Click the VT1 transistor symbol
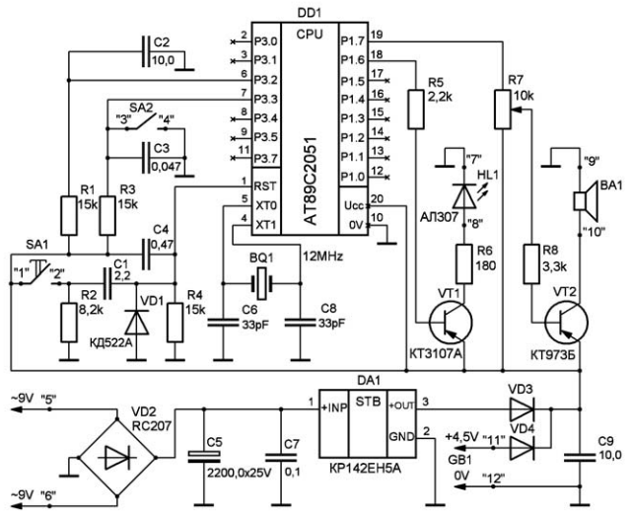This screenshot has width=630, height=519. pos(451,323)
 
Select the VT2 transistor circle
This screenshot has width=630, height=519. pos(567,323)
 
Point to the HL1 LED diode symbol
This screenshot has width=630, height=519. pos(464,196)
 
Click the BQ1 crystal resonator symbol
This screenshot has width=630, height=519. pos(261,283)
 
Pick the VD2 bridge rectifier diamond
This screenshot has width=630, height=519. pos(116,458)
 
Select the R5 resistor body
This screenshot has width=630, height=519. pos(416,110)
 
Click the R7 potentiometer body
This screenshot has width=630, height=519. pos(503,110)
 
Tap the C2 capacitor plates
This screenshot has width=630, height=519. pos(146,51)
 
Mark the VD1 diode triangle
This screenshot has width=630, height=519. pos(137,323)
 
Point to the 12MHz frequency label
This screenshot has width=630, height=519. pos(322,257)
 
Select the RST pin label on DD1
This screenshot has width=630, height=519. pos(265,186)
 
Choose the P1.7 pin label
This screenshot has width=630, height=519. pos(352,41)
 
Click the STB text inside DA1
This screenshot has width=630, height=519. pos(368,402)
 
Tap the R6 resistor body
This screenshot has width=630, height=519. pos(464,264)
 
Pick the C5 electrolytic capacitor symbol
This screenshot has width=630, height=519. pos(204,457)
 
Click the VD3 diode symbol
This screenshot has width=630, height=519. pos(522,409)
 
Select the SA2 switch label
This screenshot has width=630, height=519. pos(141,108)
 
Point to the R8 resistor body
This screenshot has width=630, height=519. pos(531,264)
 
